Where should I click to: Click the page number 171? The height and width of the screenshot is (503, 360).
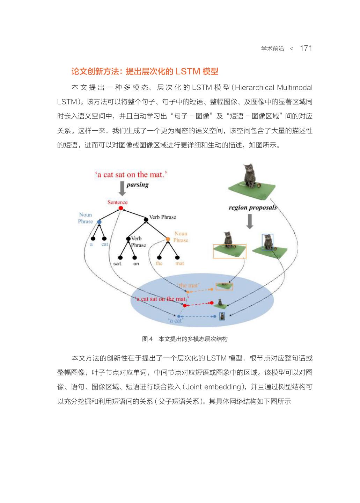(x=306, y=48)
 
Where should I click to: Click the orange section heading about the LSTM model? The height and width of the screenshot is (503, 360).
(x=145, y=72)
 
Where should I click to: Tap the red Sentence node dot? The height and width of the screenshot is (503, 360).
(x=121, y=208)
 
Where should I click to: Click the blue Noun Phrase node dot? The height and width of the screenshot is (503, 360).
(x=99, y=222)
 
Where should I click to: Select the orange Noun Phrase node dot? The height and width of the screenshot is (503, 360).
(x=168, y=239)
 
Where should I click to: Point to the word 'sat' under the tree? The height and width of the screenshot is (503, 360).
(x=117, y=264)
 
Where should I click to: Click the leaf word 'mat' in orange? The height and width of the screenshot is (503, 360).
(x=179, y=264)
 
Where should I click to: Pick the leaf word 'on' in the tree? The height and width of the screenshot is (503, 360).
(x=136, y=264)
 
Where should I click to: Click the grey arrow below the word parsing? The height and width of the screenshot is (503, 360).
(x=122, y=189)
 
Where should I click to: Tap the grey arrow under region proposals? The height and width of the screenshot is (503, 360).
(x=250, y=221)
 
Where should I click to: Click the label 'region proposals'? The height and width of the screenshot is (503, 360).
(x=252, y=207)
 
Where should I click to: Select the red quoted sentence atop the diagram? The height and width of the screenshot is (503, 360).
(x=131, y=174)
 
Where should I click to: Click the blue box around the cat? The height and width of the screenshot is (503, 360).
(x=267, y=242)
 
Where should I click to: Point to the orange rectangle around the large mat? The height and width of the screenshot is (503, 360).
(x=229, y=251)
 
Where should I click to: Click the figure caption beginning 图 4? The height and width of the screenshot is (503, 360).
(x=185, y=339)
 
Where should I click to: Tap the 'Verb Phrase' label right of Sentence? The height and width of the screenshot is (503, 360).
(x=162, y=217)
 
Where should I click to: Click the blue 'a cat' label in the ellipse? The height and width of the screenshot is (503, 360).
(x=176, y=321)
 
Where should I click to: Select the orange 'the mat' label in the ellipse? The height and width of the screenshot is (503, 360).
(x=188, y=285)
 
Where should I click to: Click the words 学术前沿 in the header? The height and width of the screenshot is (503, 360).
(x=272, y=49)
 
